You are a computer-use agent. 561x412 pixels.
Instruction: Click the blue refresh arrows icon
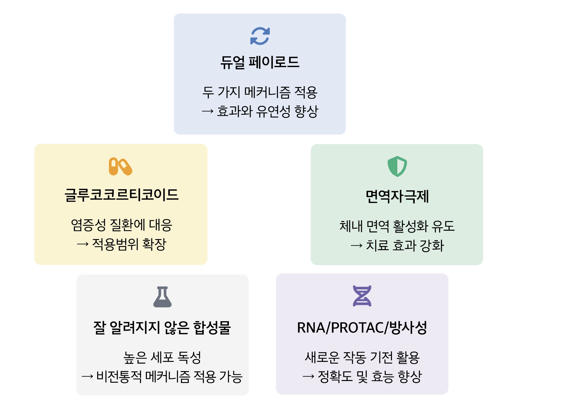(260, 36)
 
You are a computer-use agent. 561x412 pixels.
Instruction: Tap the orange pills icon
(120, 167)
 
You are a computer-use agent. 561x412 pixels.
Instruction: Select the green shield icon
(397, 166)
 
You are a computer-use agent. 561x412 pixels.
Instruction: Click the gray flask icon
(162, 297)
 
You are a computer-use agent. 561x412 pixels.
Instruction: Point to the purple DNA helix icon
(362, 296)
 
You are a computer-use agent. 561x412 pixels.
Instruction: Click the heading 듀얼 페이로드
(260, 62)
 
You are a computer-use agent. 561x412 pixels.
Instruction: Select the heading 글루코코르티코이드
(121, 195)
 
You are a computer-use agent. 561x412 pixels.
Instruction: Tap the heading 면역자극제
(397, 196)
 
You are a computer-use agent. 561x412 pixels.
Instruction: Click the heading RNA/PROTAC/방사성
(362, 328)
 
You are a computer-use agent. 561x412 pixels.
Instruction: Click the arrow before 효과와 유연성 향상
(207, 111)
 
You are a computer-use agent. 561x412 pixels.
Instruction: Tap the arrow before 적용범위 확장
(83, 244)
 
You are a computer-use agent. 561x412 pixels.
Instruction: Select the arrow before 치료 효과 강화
(356, 246)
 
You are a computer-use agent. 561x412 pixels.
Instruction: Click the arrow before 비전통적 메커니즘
(88, 377)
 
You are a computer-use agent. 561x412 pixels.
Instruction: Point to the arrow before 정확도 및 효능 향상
(308, 377)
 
